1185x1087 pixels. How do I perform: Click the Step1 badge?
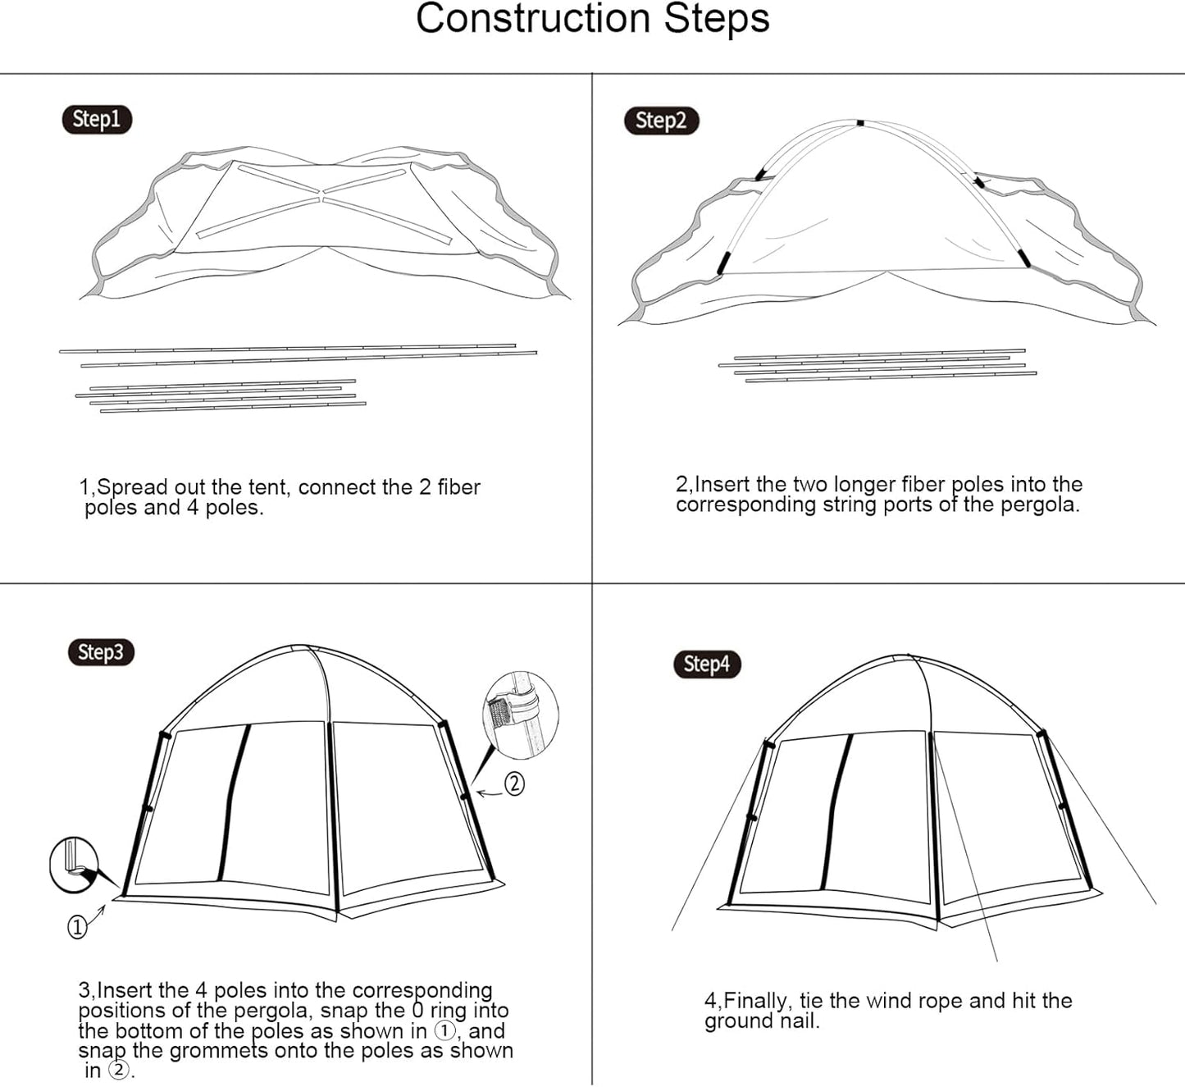97,119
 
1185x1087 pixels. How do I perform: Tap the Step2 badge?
661,121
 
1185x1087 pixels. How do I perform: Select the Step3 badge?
101,652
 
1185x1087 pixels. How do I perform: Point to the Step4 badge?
707,664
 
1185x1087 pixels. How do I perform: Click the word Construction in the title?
533,19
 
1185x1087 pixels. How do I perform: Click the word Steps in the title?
717,19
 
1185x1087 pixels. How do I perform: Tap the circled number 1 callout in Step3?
77,927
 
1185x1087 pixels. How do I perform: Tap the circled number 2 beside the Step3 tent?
514,783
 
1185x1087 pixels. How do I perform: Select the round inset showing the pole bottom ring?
74,865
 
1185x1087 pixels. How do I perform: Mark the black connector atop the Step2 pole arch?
859,123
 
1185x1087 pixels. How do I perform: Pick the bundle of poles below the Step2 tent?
878,366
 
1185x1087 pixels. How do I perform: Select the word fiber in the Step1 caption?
458,487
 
